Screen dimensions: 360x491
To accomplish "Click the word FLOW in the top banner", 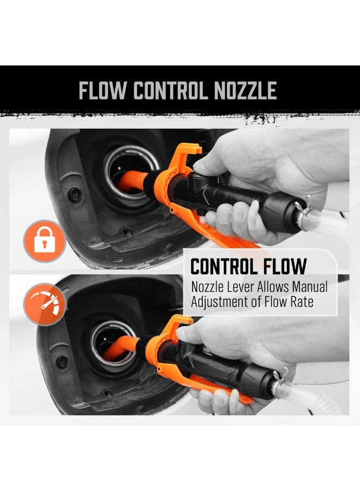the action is [103, 91].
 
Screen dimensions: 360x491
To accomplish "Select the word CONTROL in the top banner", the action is [170, 91].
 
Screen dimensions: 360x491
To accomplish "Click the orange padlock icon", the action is [45, 241].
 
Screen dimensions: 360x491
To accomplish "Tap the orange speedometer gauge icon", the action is [45, 304].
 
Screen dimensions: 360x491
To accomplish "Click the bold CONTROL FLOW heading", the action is [248, 266].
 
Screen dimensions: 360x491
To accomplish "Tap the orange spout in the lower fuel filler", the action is [121, 348].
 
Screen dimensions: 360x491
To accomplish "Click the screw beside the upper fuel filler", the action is [75, 194].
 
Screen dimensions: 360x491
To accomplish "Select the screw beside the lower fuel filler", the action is [62, 361].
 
